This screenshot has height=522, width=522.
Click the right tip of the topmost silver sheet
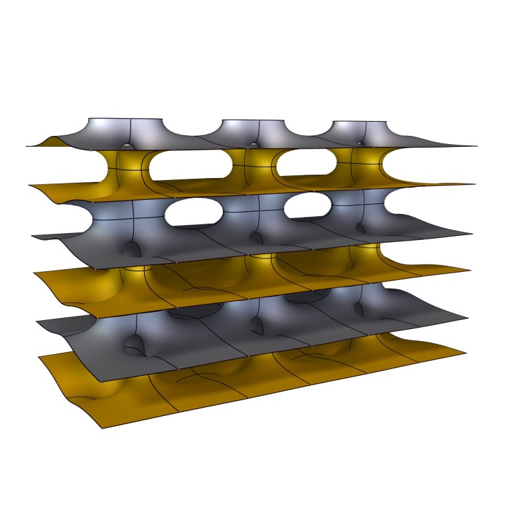[x=475, y=146]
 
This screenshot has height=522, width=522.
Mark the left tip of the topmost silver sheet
[x=27, y=146]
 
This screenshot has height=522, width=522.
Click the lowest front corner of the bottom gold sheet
[x=102, y=429]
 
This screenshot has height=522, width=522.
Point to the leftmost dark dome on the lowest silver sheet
[x=140, y=346]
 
